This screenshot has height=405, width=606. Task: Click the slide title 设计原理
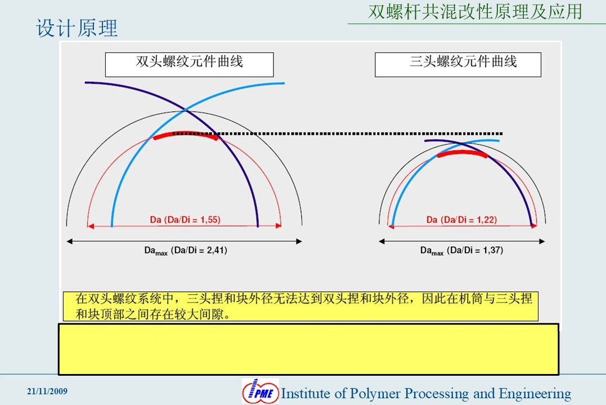(77, 28)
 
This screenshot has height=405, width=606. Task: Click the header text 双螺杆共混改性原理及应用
(475, 12)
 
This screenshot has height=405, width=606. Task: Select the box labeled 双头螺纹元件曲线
(190, 65)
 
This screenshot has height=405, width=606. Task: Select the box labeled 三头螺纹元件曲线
(458, 65)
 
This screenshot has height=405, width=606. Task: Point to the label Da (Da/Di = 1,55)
(185, 220)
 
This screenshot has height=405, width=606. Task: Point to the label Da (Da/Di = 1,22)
(461, 220)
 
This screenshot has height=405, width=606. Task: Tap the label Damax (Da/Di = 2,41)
(186, 251)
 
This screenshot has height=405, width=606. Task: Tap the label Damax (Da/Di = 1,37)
(461, 251)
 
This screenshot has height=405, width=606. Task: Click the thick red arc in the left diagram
(186, 133)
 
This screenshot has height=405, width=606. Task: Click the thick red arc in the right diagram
(462, 153)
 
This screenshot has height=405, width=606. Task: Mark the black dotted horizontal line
(338, 133)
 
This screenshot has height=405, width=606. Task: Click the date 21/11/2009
(47, 391)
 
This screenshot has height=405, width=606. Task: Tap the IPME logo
(261, 391)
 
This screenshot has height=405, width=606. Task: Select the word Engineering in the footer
(535, 394)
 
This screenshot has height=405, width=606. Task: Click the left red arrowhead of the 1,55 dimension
(91, 226)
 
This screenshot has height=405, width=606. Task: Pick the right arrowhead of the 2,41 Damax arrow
(299, 242)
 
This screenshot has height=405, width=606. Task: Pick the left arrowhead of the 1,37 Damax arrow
(382, 242)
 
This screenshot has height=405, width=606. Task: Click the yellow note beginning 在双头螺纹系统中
(300, 306)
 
